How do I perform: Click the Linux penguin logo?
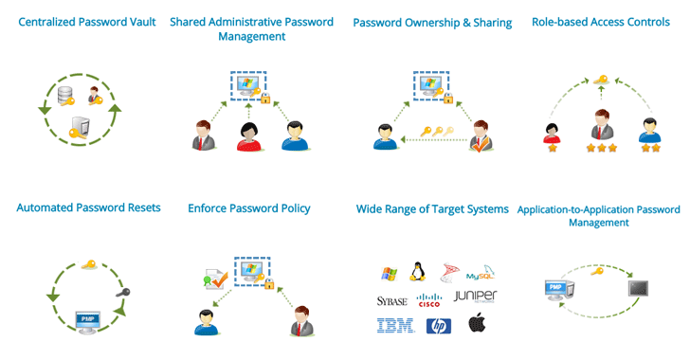click(416, 272)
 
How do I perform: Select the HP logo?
click(437, 326)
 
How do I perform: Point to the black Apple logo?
click(476, 325)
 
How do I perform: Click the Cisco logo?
click(429, 301)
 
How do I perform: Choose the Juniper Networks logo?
click(475, 297)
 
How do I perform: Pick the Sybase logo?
click(390, 300)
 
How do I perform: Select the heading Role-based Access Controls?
click(601, 22)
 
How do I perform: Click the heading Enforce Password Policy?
click(249, 207)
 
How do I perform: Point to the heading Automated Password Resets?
click(89, 207)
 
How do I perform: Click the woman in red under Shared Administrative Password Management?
click(249, 136)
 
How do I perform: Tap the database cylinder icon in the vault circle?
click(64, 96)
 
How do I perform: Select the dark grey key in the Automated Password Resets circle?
click(121, 293)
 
